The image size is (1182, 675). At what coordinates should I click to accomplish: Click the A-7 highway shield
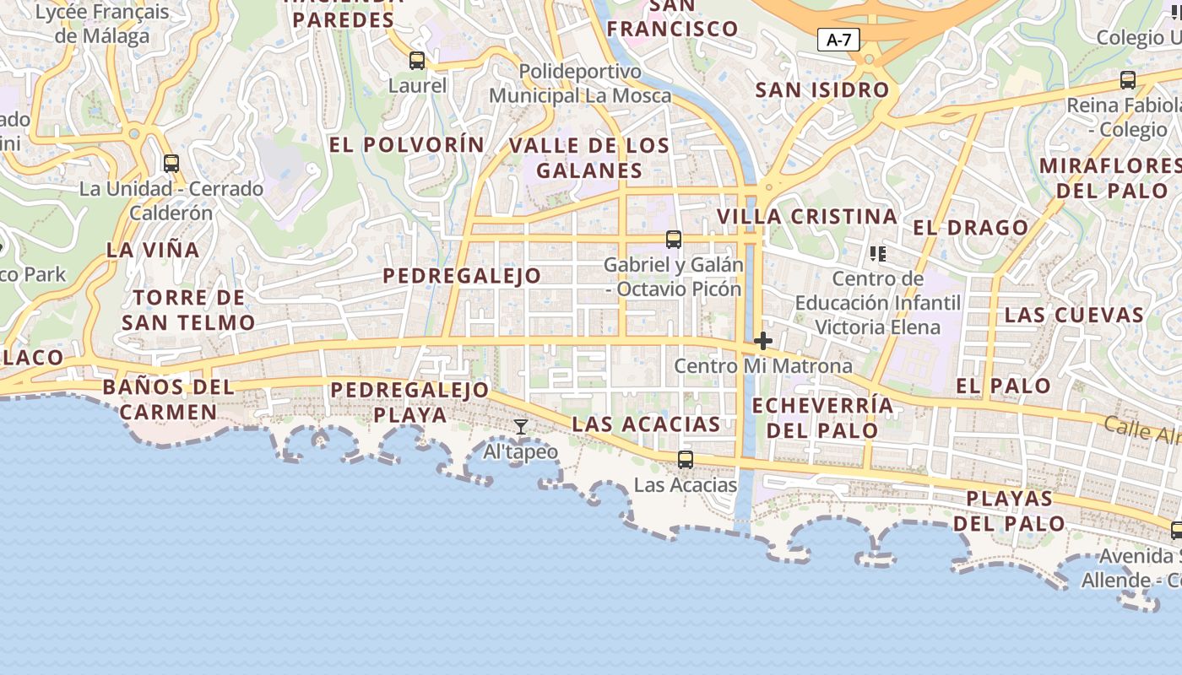click(838, 39)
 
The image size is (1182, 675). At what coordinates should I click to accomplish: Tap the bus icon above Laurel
click(417, 61)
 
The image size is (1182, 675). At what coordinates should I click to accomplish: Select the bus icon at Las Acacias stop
click(686, 460)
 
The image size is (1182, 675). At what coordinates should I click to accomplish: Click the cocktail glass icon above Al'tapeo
click(521, 427)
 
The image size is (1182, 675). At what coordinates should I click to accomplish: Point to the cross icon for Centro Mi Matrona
click(763, 341)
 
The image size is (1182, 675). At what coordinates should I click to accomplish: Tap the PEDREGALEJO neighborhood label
click(462, 276)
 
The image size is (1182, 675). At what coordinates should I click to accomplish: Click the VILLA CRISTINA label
click(806, 217)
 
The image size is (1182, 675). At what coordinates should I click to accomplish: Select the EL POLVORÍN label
click(407, 145)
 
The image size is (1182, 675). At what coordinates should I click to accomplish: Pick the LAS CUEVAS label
click(1074, 316)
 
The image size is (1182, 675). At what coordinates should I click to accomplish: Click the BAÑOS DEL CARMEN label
click(168, 400)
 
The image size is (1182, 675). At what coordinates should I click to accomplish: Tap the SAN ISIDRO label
click(822, 90)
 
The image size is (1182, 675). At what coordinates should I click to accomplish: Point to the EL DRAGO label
click(971, 228)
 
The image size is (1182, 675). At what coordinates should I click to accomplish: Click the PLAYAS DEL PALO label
click(1010, 510)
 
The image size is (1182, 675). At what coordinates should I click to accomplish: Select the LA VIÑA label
click(153, 250)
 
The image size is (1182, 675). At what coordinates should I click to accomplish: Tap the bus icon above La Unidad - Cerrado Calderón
click(171, 164)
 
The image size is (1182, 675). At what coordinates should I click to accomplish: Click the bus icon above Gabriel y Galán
click(674, 240)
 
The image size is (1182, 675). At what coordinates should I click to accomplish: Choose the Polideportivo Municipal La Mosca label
click(580, 84)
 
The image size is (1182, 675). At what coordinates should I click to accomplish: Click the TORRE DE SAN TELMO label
click(188, 310)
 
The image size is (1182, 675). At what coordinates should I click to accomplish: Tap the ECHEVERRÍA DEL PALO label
click(822, 418)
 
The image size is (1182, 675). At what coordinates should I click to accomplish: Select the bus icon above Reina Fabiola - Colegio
click(1128, 80)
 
